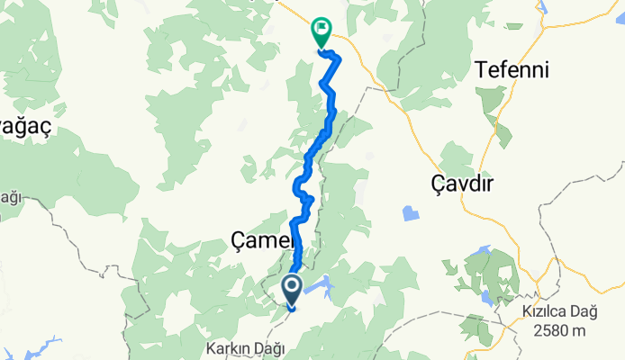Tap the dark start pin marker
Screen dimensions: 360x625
(x=293, y=289)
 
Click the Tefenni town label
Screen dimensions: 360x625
(x=512, y=68)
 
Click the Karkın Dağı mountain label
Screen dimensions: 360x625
(x=246, y=347)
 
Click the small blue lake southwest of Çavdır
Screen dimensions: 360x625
(x=411, y=213)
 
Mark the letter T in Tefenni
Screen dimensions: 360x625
(x=481, y=68)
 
